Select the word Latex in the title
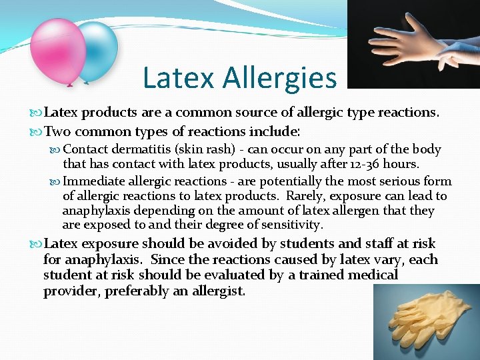(179, 78)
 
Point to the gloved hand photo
(413, 44)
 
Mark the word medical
(372, 275)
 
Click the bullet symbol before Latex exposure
(37, 244)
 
